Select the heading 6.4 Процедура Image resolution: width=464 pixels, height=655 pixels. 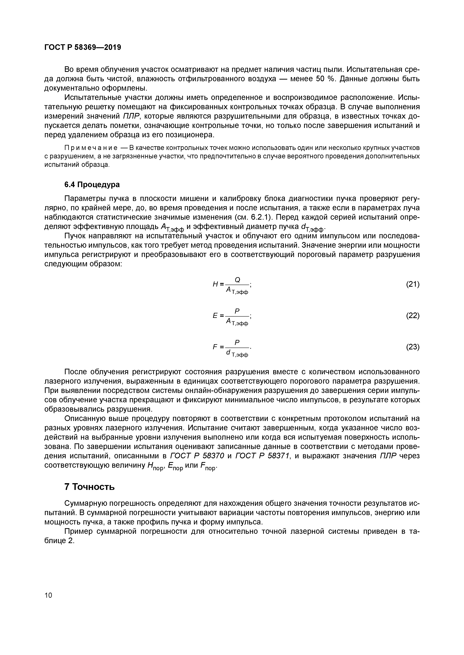pos(92,185)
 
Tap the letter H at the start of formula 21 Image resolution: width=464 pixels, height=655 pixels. pos(215,284)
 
